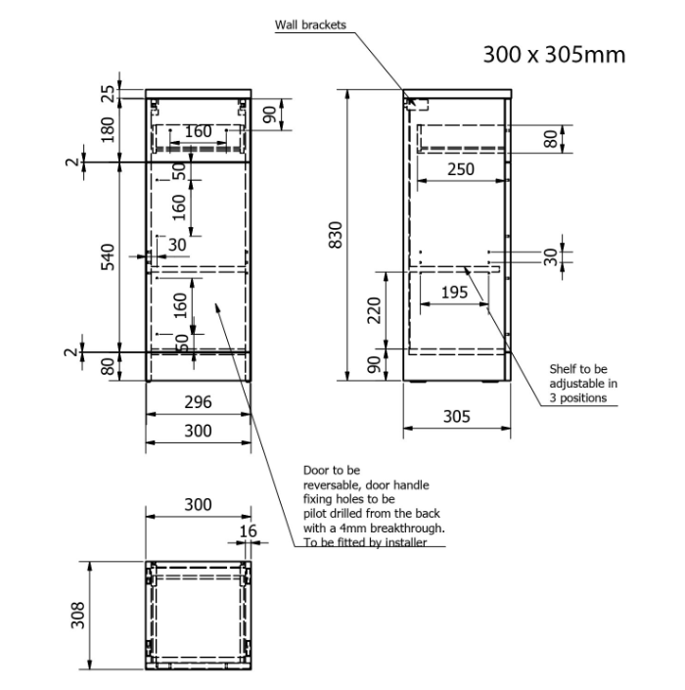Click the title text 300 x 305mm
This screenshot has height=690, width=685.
[554, 55]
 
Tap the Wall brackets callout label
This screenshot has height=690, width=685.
[310, 25]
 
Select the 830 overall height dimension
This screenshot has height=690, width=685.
[336, 234]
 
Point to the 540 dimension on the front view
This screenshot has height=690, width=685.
[109, 256]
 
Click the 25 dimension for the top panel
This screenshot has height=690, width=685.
[109, 95]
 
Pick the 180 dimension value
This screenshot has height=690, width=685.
[109, 127]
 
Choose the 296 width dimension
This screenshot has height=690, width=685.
[199, 402]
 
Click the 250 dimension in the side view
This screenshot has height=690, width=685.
[461, 168]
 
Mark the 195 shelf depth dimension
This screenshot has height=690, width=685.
[454, 294]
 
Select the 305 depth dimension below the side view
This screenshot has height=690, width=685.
[457, 416]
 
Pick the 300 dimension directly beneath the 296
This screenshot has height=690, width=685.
[199, 431]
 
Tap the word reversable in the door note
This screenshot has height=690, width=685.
[333, 485]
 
